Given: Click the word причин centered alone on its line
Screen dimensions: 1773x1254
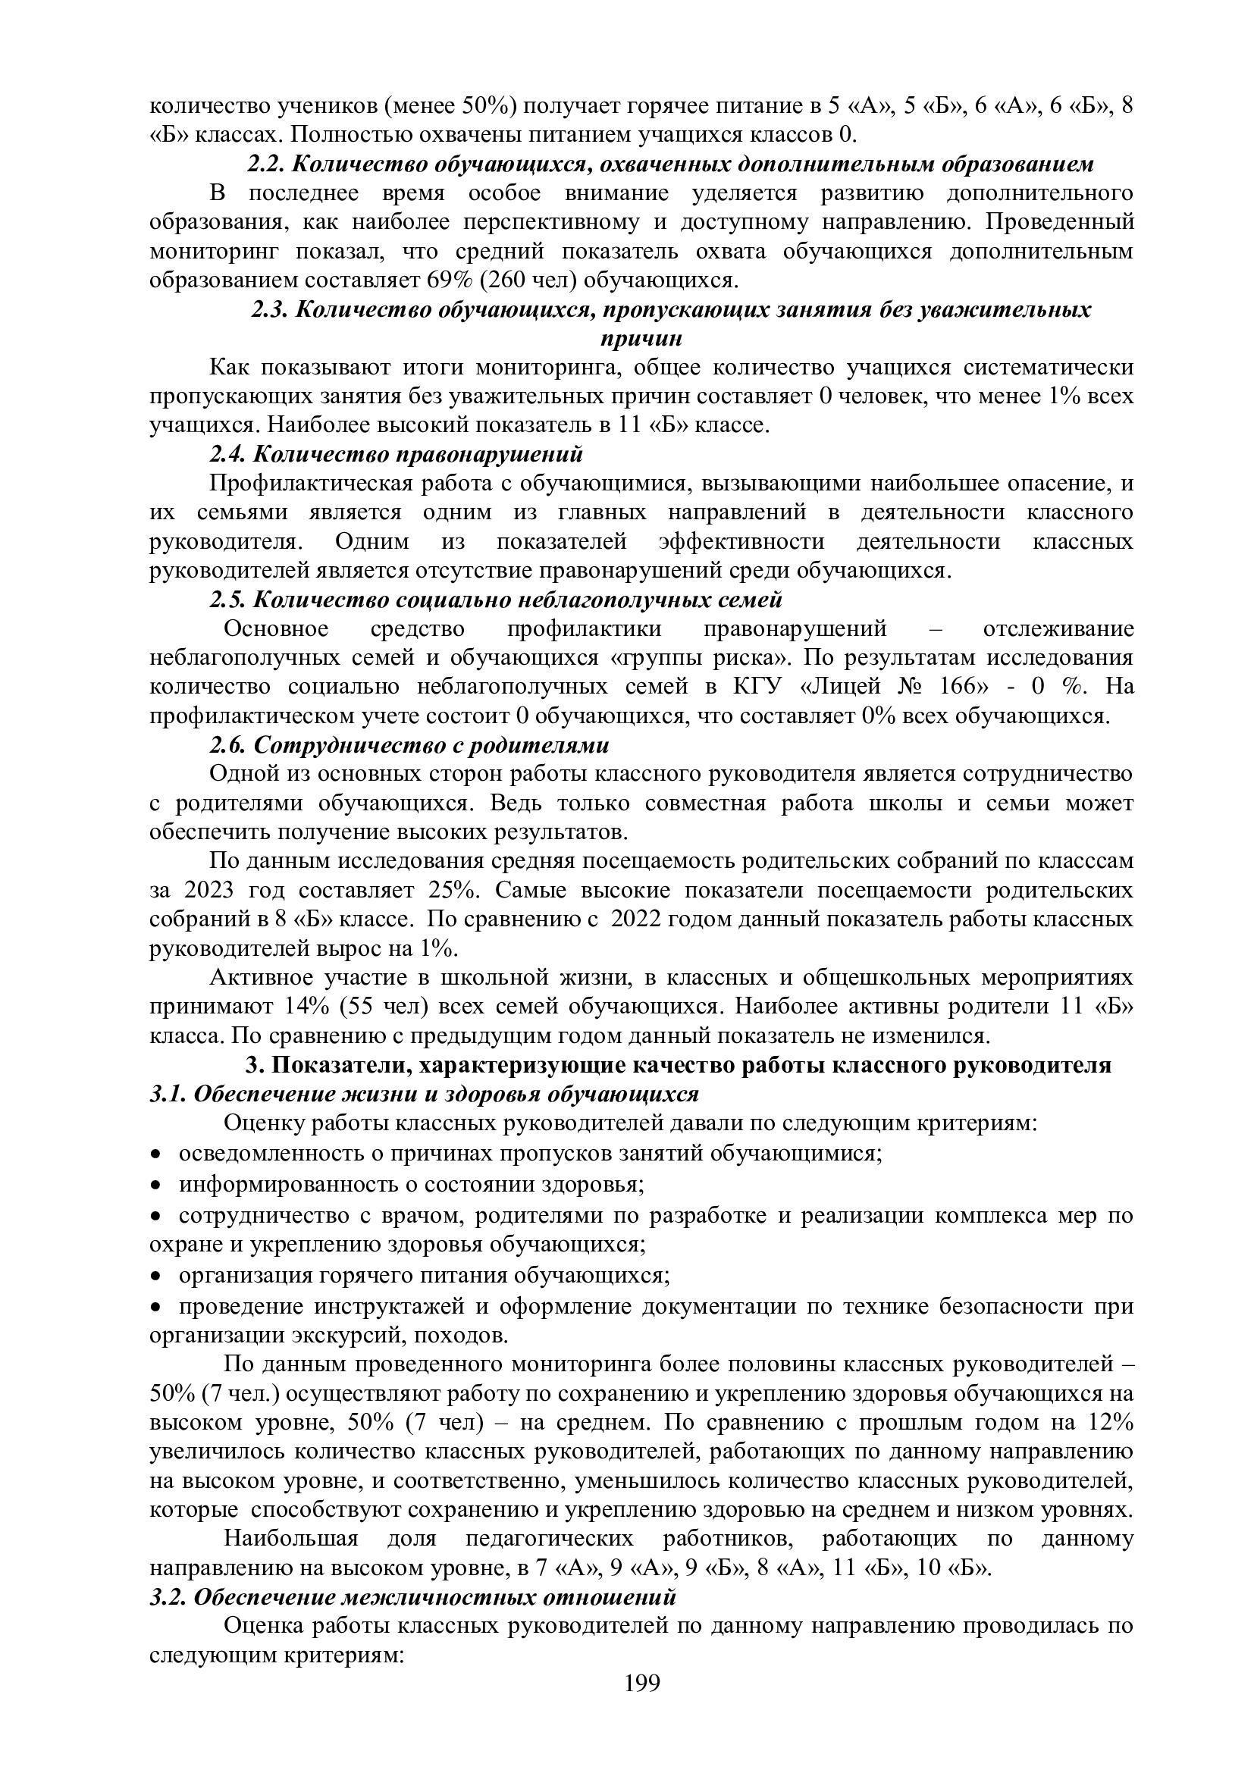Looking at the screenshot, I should [x=641, y=338].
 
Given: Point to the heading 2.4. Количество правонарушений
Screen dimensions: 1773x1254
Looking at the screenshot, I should [x=397, y=454].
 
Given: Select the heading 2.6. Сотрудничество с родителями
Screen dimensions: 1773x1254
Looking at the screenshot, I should [x=409, y=745].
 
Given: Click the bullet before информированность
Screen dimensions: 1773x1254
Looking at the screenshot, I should [x=155, y=1186].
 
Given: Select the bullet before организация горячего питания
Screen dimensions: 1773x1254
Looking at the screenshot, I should [x=155, y=1276].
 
